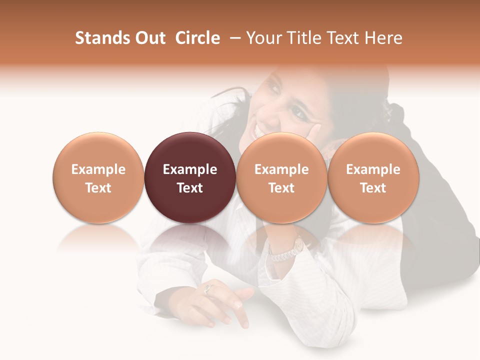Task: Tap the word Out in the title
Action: (148, 38)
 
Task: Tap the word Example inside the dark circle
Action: (190, 169)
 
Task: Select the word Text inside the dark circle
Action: (190, 188)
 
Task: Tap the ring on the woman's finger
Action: (209, 288)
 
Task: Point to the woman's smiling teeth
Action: (258, 130)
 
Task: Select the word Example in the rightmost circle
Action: (373, 169)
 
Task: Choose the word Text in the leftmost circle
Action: (98, 188)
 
